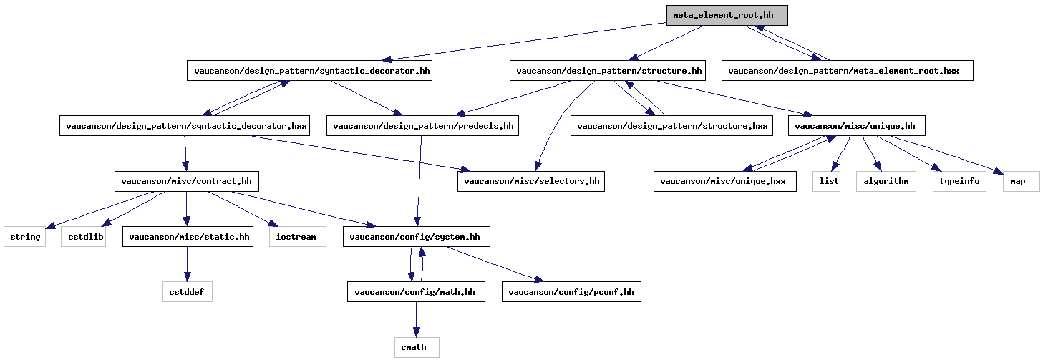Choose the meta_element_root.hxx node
point(847,70)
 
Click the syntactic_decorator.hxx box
point(185,126)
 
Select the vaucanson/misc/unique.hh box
point(855,126)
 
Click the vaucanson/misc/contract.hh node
point(186,182)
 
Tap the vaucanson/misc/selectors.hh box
point(531,182)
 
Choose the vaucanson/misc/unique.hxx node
point(724,182)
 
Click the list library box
point(828,182)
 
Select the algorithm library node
point(886,182)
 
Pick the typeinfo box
point(959,182)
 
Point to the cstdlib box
point(83,237)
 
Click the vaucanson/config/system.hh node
point(417,237)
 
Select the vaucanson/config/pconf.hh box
point(571,292)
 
